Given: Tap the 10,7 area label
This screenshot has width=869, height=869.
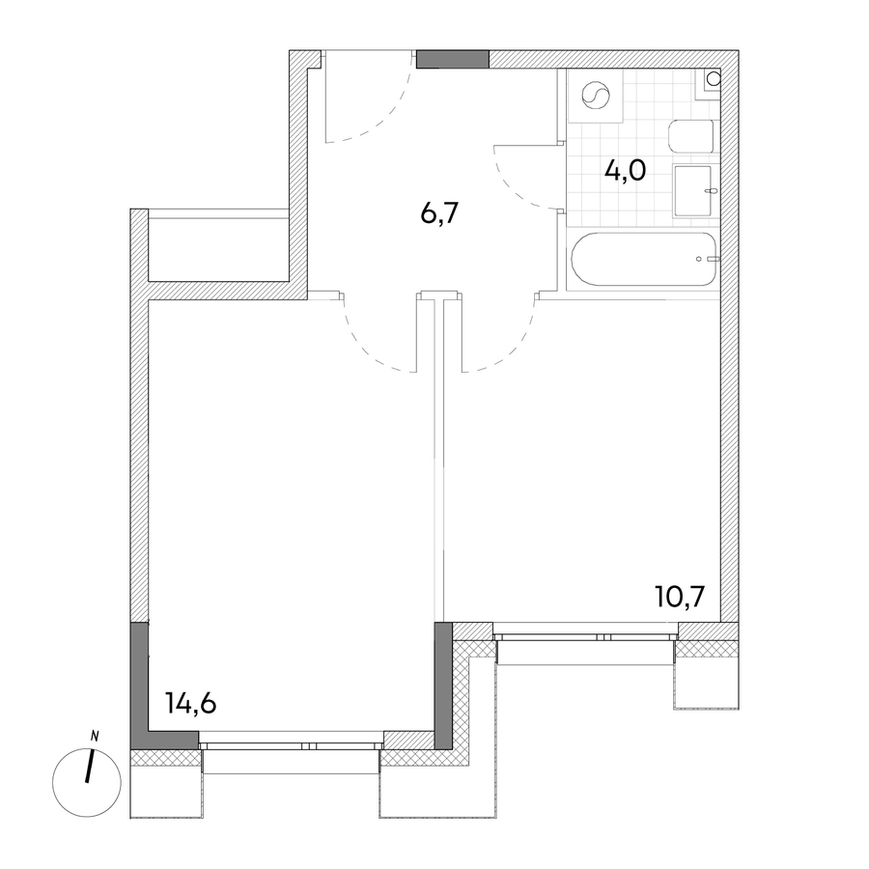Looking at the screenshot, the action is pos(680,598).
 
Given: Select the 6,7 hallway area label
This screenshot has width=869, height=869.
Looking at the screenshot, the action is pos(440,212).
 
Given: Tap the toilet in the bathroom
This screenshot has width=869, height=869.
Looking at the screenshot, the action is pos(691,136).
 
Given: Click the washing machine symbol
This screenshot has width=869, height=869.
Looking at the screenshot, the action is pos(596,96).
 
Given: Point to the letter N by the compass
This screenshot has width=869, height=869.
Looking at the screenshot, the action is pos(95,737).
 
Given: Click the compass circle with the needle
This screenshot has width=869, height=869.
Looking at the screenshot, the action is pos(87,782).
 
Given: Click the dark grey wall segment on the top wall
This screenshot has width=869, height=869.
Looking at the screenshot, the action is pos(453,59).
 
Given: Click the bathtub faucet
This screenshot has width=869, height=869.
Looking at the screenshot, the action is pos(708,259).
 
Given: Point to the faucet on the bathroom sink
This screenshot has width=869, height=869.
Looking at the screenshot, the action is pos(713,191).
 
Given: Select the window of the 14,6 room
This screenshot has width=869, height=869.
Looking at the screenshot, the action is pos(291,746).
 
